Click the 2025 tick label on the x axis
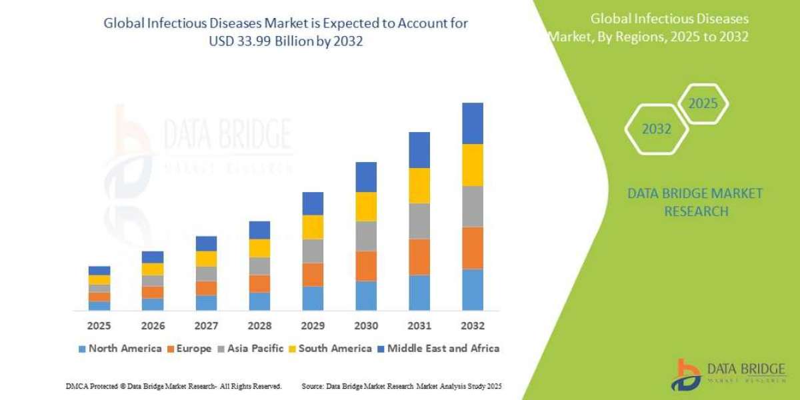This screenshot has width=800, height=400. click(99, 326)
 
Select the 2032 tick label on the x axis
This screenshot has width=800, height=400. click(472, 326)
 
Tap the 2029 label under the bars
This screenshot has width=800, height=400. click(313, 326)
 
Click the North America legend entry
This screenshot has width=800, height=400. click(120, 348)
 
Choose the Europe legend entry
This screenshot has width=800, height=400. click(189, 348)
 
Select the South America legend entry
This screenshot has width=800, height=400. click(330, 348)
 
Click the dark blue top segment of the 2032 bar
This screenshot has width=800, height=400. click(472, 123)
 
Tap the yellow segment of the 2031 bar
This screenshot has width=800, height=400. click(419, 185)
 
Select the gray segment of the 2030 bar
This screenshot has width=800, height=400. click(366, 236)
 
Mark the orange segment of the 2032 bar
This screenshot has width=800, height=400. click(472, 248)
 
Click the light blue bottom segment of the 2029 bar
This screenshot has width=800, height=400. click(313, 299)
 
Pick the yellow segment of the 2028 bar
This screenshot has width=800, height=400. click(259, 248)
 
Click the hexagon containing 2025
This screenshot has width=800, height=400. click(703, 104)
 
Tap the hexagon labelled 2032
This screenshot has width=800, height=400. click(657, 129)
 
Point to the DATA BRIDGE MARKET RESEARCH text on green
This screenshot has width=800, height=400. click(695, 202)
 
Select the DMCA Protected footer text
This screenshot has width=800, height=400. click(173, 386)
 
